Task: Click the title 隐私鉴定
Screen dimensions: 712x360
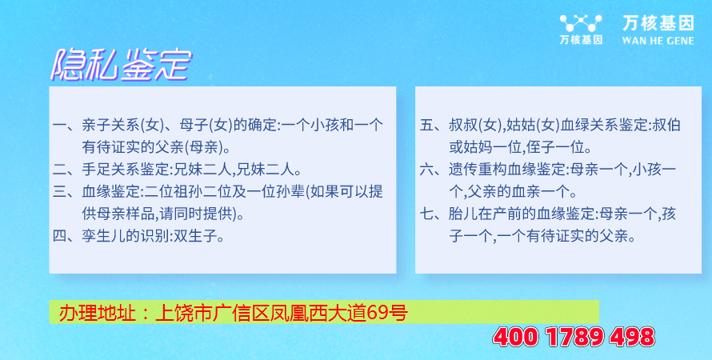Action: coord(120,66)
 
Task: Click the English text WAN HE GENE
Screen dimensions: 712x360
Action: coord(658,41)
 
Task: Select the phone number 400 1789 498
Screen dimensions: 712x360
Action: coord(574,338)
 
